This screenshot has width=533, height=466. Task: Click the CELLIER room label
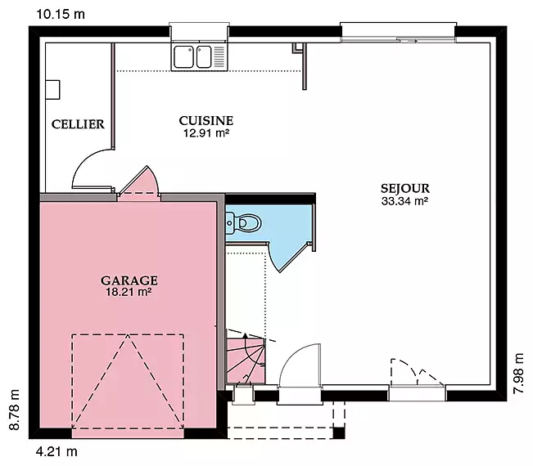78,124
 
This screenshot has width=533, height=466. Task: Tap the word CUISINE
206,120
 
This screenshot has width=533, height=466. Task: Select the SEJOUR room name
404,188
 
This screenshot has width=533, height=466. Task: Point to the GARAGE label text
129,280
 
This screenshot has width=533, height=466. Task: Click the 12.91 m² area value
206,133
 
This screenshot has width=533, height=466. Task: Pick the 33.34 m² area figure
404,201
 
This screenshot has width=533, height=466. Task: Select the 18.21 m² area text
129,292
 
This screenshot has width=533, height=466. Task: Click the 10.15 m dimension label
60,14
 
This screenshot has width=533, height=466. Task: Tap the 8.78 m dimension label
14,410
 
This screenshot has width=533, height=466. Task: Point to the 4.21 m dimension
56,452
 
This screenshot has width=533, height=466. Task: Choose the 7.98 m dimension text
518,374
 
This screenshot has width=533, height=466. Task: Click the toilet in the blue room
243,223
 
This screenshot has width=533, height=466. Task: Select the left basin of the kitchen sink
184,56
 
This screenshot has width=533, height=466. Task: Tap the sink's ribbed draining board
219,56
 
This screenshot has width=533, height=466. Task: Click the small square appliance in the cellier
52,90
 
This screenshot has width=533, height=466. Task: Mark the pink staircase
246,360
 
